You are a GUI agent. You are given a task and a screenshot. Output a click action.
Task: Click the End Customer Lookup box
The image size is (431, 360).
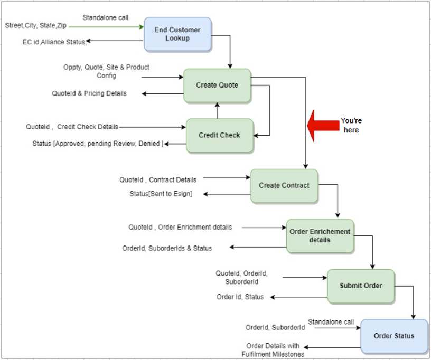178,34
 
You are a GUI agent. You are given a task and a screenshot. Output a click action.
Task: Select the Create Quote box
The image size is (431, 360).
217,85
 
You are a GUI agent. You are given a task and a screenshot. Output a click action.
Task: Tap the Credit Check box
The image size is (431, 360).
219,135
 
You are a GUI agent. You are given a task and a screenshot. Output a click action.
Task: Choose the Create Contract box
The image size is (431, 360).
284,186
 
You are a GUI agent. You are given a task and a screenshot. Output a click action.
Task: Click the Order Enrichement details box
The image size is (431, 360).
320,235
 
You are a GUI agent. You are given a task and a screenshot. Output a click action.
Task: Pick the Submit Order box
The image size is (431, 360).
361,286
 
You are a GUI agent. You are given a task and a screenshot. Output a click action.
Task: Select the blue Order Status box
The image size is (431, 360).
394,336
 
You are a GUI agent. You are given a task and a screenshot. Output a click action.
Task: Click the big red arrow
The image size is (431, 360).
323,126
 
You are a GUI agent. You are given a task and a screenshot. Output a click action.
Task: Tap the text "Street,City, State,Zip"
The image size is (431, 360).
36,25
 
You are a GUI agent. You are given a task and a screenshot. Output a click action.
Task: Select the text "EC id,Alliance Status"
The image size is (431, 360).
54,41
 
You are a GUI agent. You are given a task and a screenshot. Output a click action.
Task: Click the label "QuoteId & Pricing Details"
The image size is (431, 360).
89,93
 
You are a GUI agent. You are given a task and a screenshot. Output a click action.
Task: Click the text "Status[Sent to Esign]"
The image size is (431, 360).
161,194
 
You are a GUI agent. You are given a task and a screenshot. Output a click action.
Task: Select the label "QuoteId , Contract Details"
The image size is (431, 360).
158,179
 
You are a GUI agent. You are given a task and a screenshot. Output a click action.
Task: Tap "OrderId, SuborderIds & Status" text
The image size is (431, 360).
167,248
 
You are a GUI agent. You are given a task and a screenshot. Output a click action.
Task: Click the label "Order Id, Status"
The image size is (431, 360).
240,297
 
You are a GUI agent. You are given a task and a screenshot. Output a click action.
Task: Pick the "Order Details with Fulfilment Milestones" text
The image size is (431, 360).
273,350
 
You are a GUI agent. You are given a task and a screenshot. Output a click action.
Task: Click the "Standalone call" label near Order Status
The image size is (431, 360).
331,321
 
